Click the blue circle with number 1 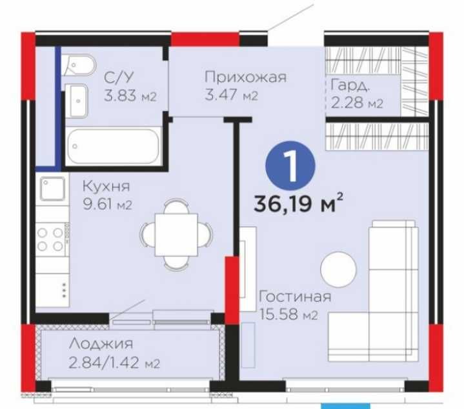(x=290, y=166)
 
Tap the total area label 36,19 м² (x=299, y=203)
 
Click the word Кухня (x=106, y=186)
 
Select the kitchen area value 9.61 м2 (x=107, y=204)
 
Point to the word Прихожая (x=246, y=77)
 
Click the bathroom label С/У (x=119, y=77)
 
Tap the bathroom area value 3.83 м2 (x=130, y=96)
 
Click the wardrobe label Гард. (x=350, y=85)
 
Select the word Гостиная (x=295, y=297)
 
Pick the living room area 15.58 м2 (x=288, y=314)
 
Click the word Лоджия (x=101, y=344)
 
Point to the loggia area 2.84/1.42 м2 (x=114, y=363)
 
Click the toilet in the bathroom (x=79, y=65)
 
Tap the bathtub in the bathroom (x=113, y=146)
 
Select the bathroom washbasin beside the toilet (x=76, y=101)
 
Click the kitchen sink (x=53, y=188)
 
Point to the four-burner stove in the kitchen (x=52, y=239)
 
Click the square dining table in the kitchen (x=176, y=235)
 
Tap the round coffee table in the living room (x=338, y=270)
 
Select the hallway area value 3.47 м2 (x=232, y=96)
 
